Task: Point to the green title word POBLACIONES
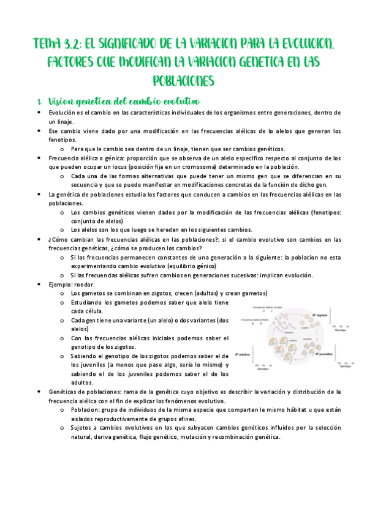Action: pyautogui.click(x=183, y=80)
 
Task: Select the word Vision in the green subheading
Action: pyautogui.click(x=61, y=100)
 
